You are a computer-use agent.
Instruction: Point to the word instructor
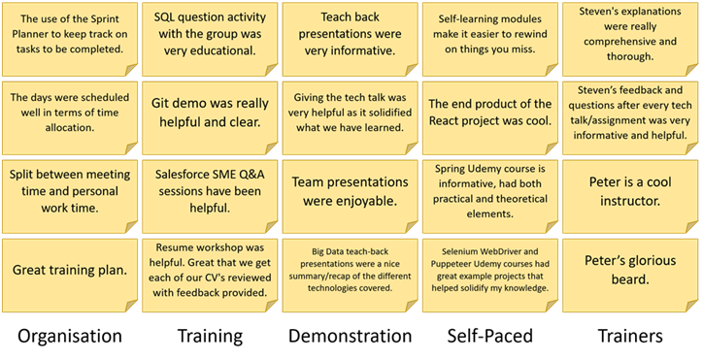pyautogui.click(x=631, y=200)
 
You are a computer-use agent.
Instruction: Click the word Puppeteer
pyautogui.click(x=462, y=262)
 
